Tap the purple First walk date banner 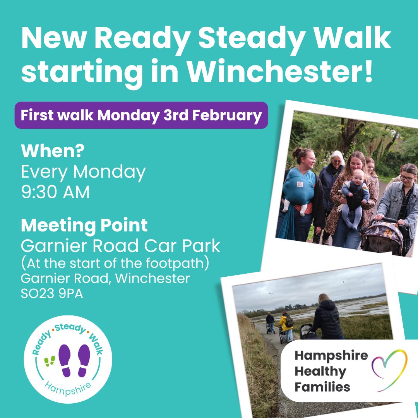tap(141, 115)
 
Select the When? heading tap(53, 151)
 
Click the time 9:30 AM tap(55, 192)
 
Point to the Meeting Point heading tap(84, 226)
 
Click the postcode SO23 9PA tap(52, 294)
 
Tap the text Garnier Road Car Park tap(120, 246)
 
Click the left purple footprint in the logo tap(65, 361)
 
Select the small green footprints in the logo tap(50, 361)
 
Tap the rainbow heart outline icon tap(389, 370)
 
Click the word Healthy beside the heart tap(320, 372)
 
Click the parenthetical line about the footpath tap(115, 263)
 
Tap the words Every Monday tap(84, 172)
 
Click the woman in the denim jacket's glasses tap(408, 178)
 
